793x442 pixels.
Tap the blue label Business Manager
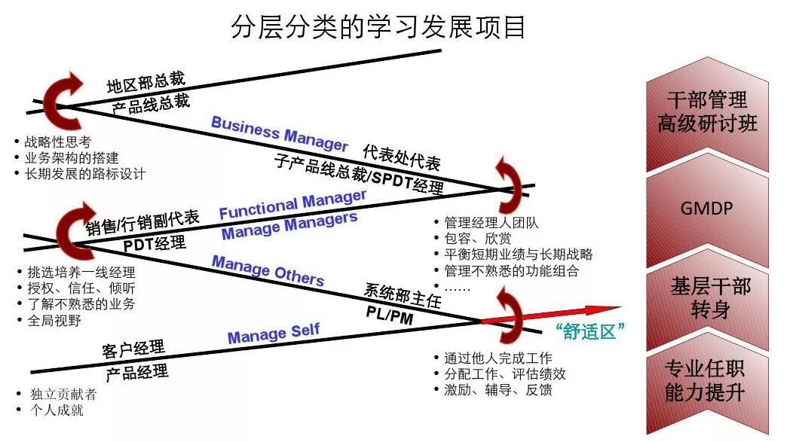(x=279, y=133)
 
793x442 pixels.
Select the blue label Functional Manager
(x=292, y=204)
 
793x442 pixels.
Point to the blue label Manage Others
(x=268, y=270)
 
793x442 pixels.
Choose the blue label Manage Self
(x=274, y=333)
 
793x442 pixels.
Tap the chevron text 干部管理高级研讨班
(x=706, y=111)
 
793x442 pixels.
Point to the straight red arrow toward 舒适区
(x=550, y=314)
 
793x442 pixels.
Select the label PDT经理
(x=155, y=243)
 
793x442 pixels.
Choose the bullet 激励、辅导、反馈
(x=498, y=390)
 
